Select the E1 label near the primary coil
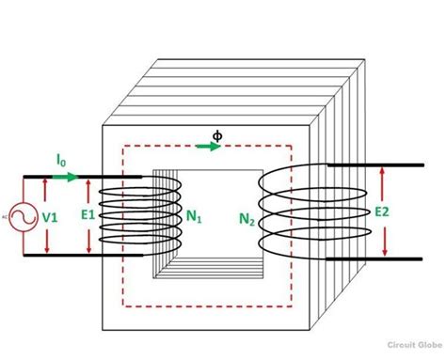click(88, 214)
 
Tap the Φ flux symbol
click(218, 135)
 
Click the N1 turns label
click(193, 217)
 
